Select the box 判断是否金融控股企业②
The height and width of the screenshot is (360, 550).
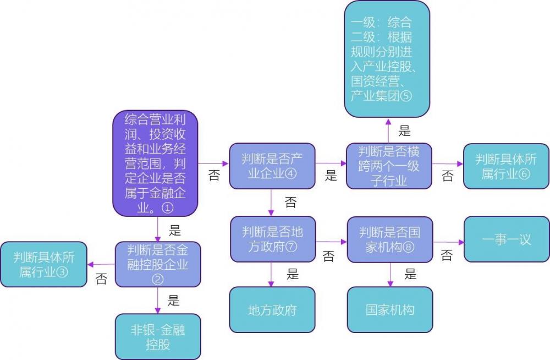158,264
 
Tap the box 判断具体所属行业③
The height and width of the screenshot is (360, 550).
43,264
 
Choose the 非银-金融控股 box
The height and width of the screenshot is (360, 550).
158,336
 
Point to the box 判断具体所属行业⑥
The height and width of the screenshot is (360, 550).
506,166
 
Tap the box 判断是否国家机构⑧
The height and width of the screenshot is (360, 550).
390,239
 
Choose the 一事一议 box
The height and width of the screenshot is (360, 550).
506,239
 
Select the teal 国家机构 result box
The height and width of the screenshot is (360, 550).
390,309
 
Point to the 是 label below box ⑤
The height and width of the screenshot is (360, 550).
404,130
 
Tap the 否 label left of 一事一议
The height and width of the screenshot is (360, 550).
447,255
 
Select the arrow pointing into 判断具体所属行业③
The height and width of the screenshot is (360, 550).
101,264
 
